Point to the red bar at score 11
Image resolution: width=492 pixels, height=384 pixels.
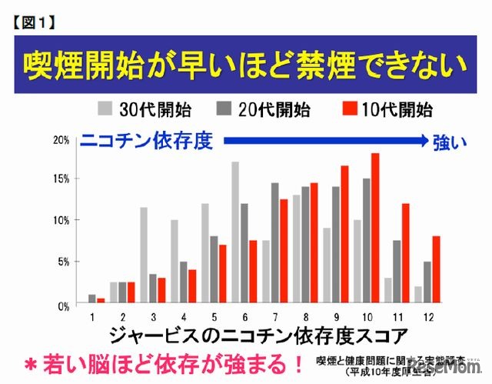point(406,253)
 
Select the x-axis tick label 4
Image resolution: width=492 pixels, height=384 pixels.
point(184,315)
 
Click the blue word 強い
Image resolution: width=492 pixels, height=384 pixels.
point(450,143)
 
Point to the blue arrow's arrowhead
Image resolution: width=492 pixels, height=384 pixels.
point(421,141)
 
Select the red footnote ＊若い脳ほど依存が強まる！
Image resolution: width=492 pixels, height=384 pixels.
point(157,362)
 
